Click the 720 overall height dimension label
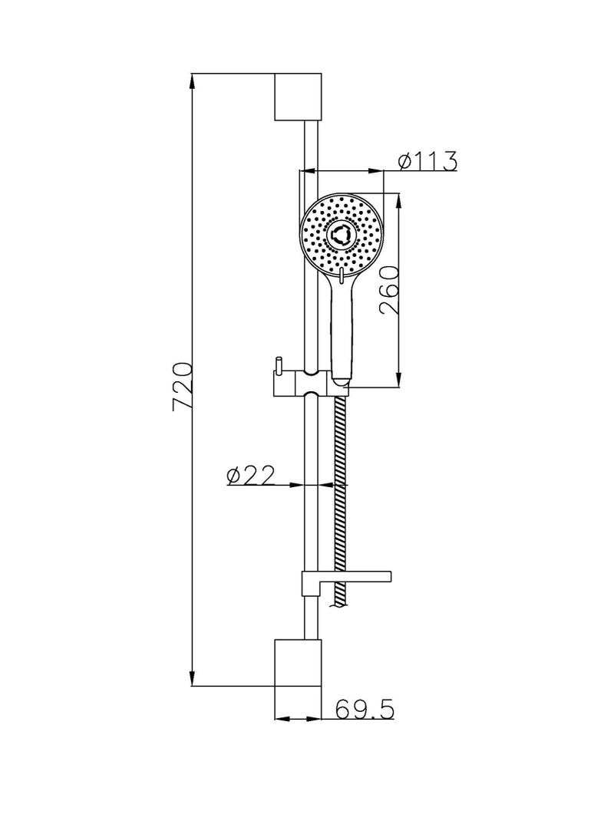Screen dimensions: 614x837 tap(182, 387)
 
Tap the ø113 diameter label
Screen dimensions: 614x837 tap(427, 160)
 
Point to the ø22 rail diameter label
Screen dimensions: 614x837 tap(250, 475)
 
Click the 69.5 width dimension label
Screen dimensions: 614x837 tap(365, 710)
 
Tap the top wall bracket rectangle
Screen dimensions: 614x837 tap(298, 97)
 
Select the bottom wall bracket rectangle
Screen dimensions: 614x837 tap(298, 662)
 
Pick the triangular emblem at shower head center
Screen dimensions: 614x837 tap(340, 234)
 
